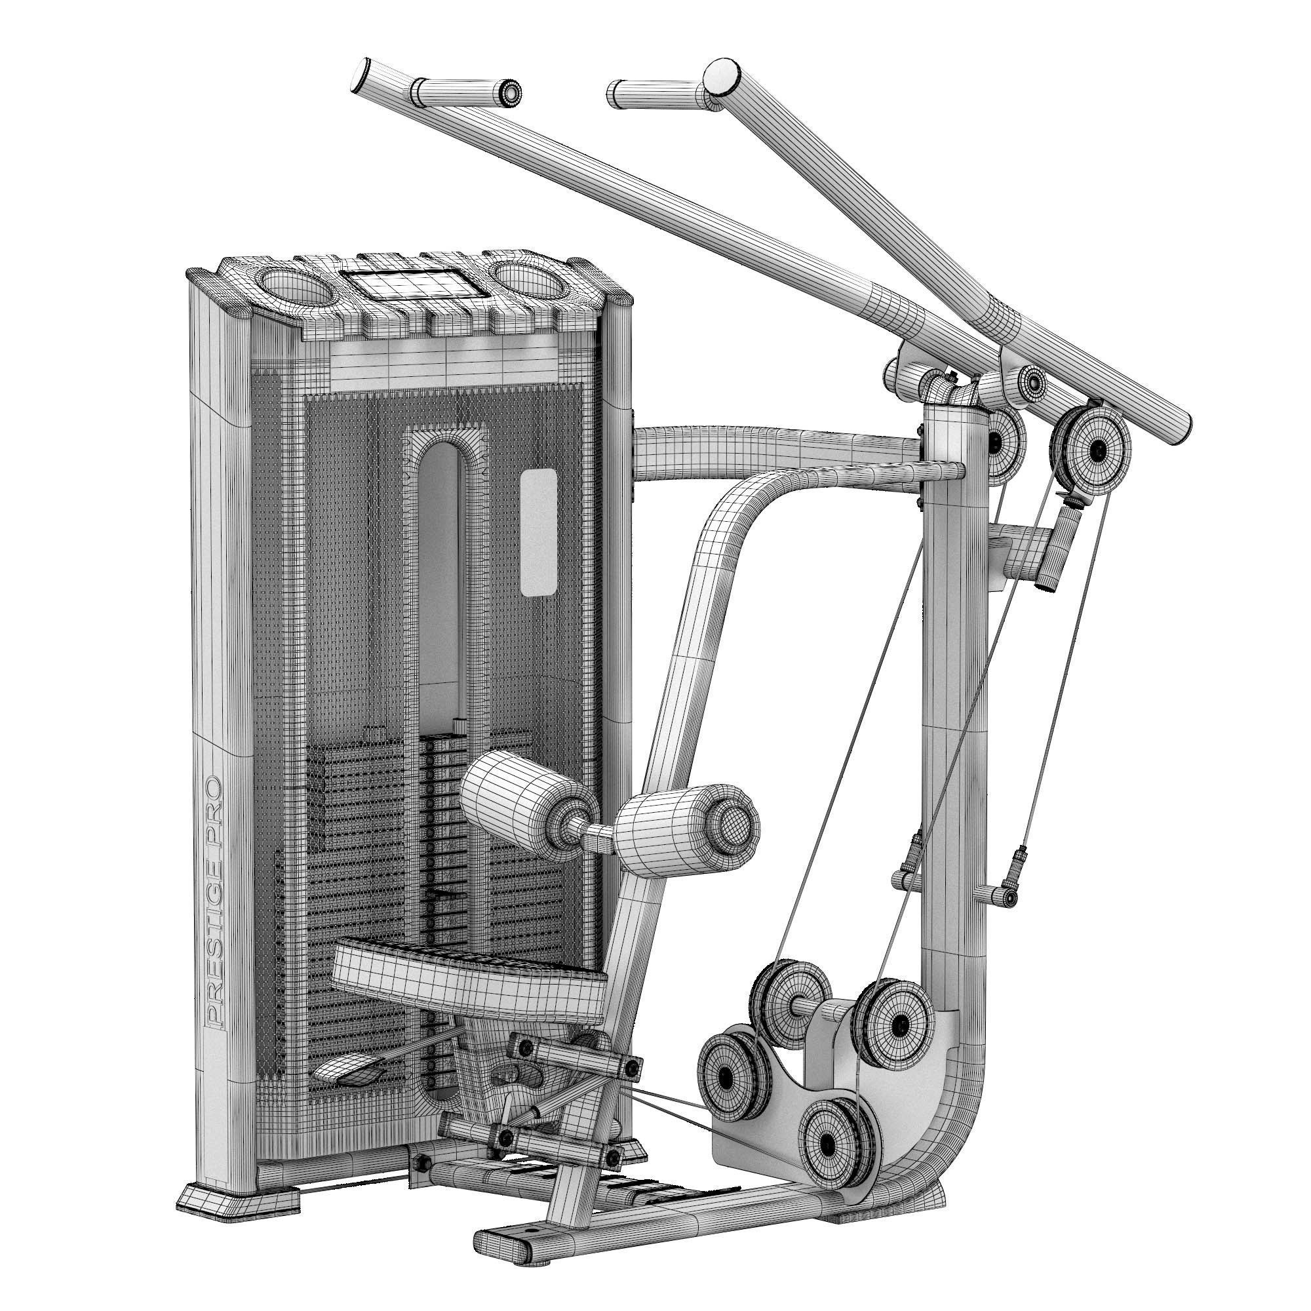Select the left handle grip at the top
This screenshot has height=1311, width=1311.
click(467, 91)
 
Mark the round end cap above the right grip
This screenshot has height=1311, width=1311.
click(722, 75)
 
